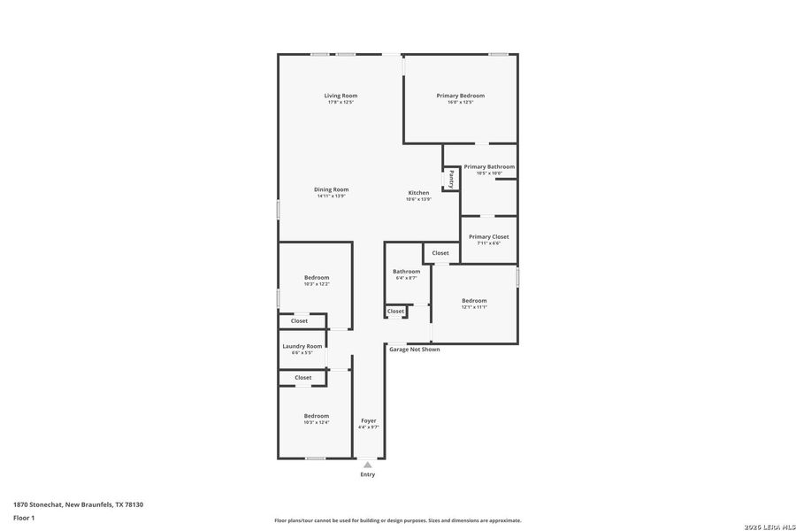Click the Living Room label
[341, 96]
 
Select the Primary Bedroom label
[460, 96]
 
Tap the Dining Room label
[331, 189]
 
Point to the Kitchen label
[418, 193]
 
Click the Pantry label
[451, 180]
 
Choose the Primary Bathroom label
[489, 166]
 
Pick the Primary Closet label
[488, 237]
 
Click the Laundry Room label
[302, 346]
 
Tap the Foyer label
[368, 420]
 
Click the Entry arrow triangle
[368, 464]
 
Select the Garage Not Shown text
[414, 350]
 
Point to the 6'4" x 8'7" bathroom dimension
[407, 278]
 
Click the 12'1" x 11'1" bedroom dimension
[474, 307]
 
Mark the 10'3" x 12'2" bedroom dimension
[317, 284]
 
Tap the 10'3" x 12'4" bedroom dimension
[317, 422]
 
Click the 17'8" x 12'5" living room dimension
[341, 103]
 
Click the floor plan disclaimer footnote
[397, 520]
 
